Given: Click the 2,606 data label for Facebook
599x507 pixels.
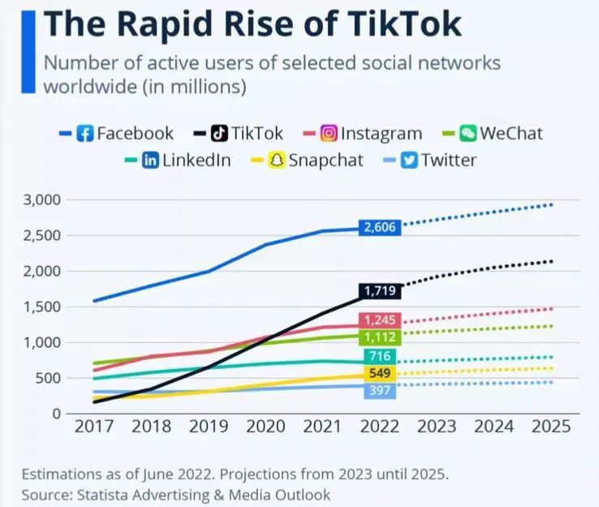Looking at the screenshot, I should click(x=380, y=228).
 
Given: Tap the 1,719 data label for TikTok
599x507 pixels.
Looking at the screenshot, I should click(x=380, y=290).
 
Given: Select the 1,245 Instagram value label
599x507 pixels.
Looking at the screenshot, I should click(x=380, y=320).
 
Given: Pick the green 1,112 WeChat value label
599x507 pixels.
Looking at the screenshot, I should click(x=380, y=337).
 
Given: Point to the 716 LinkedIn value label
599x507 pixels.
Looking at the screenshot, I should click(x=380, y=356).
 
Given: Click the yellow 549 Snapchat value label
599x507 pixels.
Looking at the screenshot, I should click(x=380, y=374).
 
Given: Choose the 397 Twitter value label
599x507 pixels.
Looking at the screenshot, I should click(x=380, y=392).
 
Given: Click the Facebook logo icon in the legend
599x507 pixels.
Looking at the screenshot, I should click(x=85, y=134).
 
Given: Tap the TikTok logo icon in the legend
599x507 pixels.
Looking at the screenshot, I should click(x=220, y=134).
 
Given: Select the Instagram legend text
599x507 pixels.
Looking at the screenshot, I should click(x=381, y=134).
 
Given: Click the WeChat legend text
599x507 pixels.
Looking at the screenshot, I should click(x=511, y=134).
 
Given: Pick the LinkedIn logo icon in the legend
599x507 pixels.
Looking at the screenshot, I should click(x=151, y=160).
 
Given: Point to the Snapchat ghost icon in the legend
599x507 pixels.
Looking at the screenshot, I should click(x=277, y=160).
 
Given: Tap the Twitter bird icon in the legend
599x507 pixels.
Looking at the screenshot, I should click(x=410, y=160).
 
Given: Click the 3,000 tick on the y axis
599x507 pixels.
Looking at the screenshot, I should click(x=42, y=200).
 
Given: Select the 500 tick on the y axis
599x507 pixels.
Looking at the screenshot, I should click(x=49, y=378).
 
